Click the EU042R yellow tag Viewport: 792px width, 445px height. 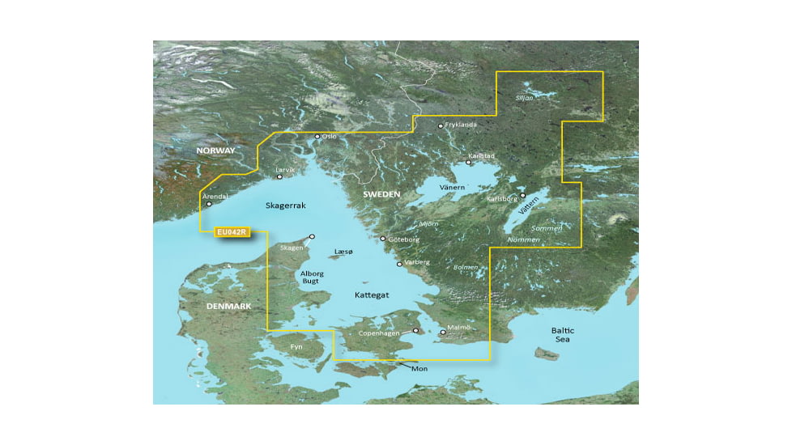click(x=232, y=232)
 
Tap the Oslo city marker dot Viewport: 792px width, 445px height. click(x=317, y=137)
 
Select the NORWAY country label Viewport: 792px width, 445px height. click(x=215, y=150)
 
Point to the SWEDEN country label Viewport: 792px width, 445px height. click(x=381, y=195)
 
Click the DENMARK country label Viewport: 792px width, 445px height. click(x=228, y=307)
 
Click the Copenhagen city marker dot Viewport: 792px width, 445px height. click(x=416, y=330)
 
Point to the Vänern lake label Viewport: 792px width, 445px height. click(x=452, y=187)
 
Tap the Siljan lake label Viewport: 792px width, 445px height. click(x=525, y=97)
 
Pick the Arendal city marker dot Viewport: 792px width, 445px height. click(x=209, y=204)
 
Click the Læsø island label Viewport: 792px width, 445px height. click(x=343, y=252)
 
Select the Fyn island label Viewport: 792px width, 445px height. click(x=296, y=346)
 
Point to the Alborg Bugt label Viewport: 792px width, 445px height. click(x=313, y=278)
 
